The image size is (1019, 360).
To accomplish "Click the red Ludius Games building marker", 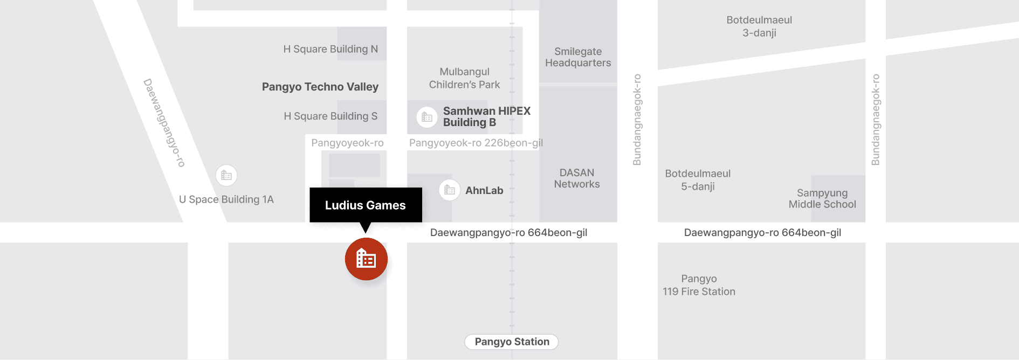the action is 366,259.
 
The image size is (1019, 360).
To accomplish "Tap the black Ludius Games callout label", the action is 366,205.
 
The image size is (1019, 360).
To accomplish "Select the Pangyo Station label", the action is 512,342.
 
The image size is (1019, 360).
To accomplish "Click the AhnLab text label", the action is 484,190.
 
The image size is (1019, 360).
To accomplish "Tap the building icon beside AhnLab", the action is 450,190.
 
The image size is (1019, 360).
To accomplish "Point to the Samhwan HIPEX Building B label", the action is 486,116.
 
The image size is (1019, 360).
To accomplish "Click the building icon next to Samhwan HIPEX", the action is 427,117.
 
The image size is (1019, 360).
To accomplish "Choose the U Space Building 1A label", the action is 226,199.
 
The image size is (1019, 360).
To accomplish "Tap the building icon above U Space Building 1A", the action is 226,175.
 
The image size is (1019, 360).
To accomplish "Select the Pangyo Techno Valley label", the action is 320,87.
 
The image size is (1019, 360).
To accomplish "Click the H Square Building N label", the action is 331,49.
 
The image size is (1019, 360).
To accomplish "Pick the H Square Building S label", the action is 331,116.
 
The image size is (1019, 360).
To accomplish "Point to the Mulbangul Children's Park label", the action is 464,78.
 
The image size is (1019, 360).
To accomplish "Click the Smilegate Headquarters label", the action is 578,57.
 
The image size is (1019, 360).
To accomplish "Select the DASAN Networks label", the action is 577,178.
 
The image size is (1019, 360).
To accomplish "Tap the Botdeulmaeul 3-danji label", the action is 759,26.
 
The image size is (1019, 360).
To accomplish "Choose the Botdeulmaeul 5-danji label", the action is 698,180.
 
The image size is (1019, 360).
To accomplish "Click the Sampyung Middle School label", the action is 822,198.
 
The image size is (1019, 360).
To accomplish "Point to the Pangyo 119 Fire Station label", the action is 699,285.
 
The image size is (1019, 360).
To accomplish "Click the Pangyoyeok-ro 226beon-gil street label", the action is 476,143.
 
